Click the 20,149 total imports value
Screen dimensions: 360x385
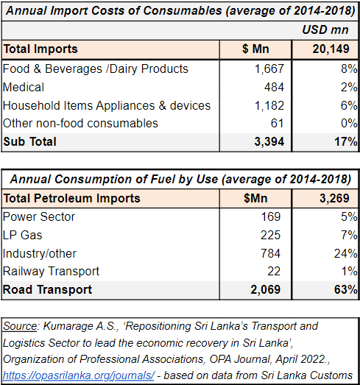331,49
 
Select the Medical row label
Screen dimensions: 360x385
24,87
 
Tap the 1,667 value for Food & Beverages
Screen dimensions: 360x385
269,68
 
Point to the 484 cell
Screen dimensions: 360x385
274,87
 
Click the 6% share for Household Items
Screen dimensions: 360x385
349,105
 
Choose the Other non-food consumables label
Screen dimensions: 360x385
80,123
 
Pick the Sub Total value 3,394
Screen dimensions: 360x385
269,141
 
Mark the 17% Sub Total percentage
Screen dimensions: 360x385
345,141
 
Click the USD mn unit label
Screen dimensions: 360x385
325,29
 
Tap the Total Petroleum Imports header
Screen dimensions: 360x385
71,198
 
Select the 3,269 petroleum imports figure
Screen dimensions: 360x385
334,198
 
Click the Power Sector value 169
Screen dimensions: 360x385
271,217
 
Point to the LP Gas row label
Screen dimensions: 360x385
23,235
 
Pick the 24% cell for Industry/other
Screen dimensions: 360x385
345,253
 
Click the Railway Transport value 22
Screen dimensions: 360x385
274,272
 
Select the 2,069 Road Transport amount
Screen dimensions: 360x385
266,290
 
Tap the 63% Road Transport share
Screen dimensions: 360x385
345,290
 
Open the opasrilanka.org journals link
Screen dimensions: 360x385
79,375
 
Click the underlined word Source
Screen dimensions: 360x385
20,326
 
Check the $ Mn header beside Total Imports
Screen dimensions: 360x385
255,49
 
